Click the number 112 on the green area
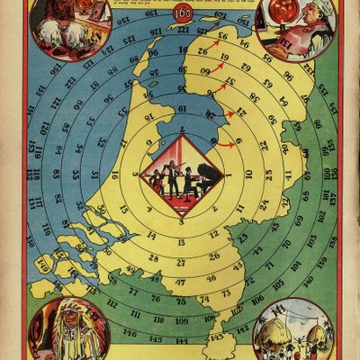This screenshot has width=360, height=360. tap(112, 303)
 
